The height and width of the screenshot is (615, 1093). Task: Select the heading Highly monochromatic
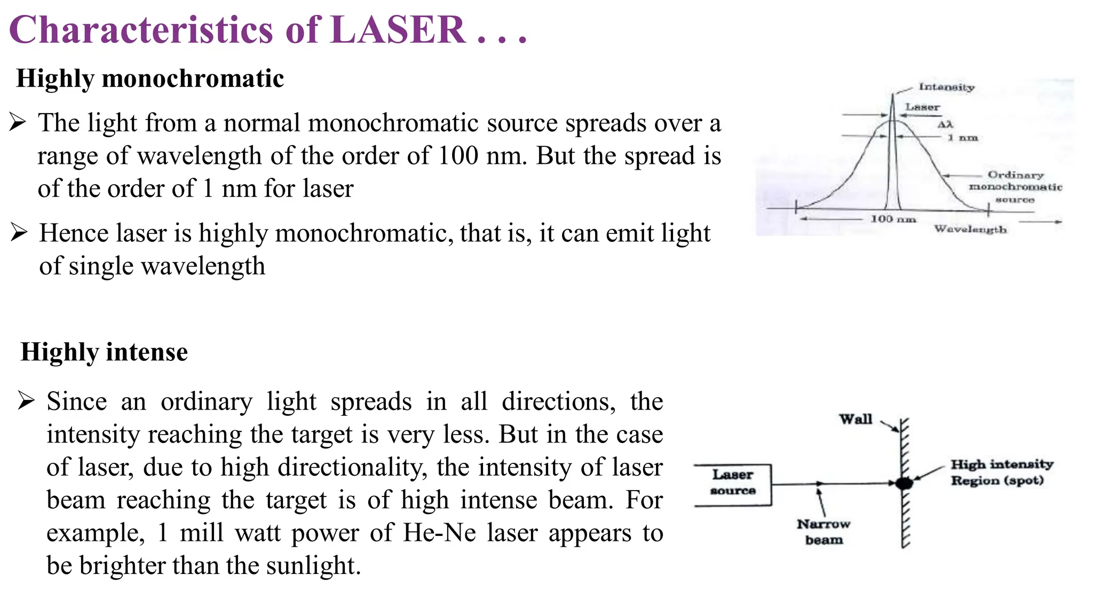click(x=150, y=78)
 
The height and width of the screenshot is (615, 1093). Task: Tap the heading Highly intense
click(x=104, y=352)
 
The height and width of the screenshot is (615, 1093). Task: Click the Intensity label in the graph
click(x=946, y=87)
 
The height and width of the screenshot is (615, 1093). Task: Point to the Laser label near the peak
click(x=922, y=107)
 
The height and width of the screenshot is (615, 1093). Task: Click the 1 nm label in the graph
click(x=963, y=138)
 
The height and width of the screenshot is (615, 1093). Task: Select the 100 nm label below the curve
click(x=893, y=219)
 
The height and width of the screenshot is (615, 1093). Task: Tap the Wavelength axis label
click(x=970, y=230)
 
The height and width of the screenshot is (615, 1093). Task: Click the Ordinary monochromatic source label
click(x=1015, y=187)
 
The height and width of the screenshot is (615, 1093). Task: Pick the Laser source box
click(x=733, y=484)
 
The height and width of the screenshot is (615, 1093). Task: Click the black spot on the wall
click(x=904, y=484)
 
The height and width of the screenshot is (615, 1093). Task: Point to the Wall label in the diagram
click(x=856, y=419)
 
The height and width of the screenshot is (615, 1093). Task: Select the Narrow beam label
click(x=823, y=532)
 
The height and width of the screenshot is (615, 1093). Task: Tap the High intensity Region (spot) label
click(x=1001, y=472)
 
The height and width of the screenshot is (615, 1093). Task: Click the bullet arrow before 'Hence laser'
click(x=19, y=233)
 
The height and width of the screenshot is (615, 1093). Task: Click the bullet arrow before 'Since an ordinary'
click(x=26, y=400)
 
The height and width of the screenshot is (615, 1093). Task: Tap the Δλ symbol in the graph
click(x=945, y=124)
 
